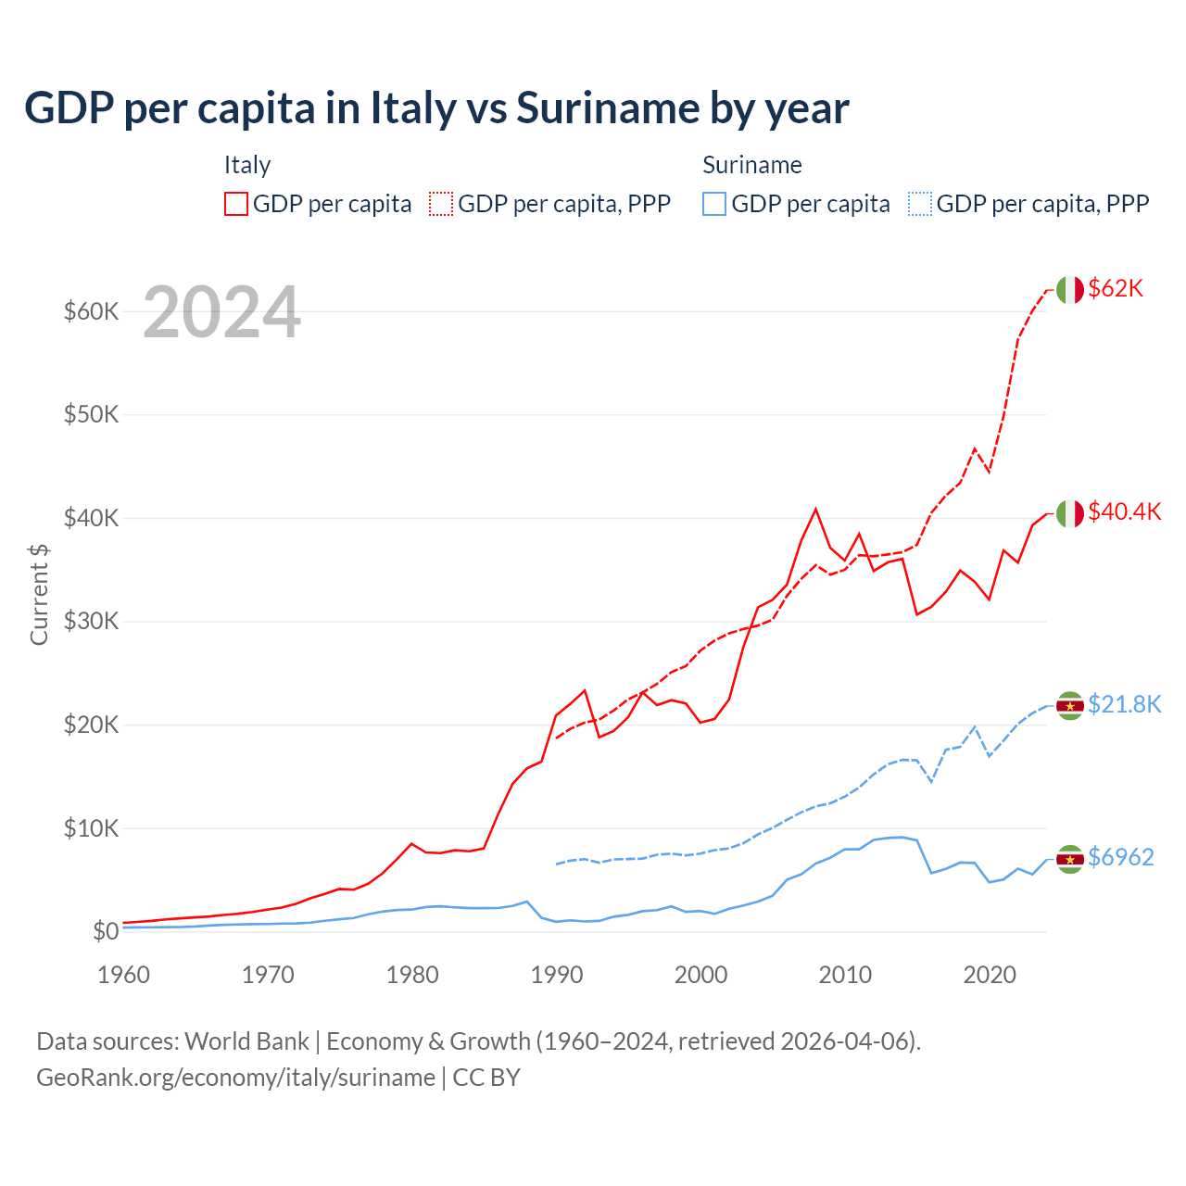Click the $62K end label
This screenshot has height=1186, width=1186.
[x=1116, y=289]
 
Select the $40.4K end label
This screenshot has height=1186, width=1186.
[x=1124, y=512]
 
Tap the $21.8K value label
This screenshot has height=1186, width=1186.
[x=1124, y=705]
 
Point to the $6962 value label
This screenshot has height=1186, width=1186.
[x=1120, y=858]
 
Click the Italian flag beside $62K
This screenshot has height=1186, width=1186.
[x=1070, y=290]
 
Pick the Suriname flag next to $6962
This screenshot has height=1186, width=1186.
[x=1070, y=860]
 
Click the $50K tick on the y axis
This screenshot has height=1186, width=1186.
[x=92, y=414]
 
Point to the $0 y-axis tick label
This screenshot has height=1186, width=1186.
[x=106, y=931]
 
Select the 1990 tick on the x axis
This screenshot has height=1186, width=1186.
[x=557, y=975]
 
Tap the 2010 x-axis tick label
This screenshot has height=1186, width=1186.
[x=845, y=975]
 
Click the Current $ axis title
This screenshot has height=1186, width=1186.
[x=39, y=595]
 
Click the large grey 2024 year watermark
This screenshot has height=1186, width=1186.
[x=221, y=312]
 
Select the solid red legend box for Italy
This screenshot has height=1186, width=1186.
[x=236, y=204]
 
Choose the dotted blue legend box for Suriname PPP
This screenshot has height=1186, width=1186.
[x=920, y=204]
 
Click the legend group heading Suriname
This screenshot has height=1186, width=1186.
[x=751, y=165]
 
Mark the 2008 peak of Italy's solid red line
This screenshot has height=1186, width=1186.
[x=815, y=509]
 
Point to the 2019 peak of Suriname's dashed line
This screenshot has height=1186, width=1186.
[x=975, y=726]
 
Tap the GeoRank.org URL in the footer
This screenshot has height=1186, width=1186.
[x=235, y=1078]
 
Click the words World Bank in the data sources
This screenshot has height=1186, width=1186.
[x=246, y=1041]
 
